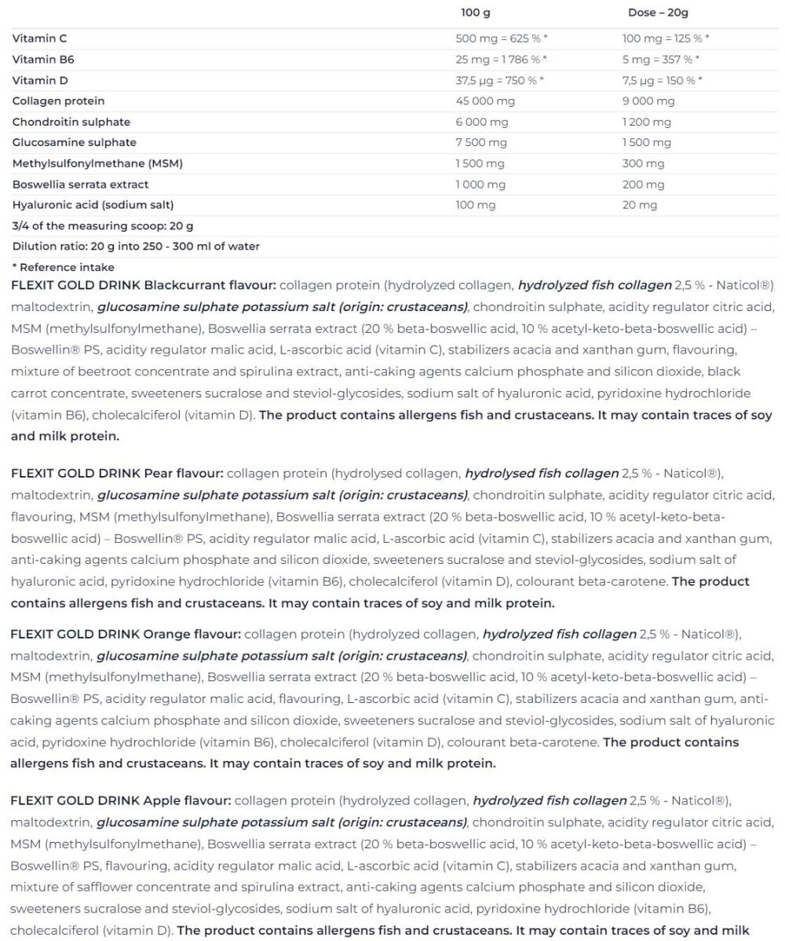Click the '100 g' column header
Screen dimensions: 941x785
tap(476, 13)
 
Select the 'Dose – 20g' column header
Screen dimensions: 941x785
tap(658, 13)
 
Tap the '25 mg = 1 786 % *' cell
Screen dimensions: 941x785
tap(501, 59)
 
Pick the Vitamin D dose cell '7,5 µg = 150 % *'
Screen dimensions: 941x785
tap(662, 80)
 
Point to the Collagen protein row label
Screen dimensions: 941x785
tap(59, 101)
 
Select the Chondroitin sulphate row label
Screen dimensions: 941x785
tap(71, 122)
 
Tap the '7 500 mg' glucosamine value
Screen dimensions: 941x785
tap(480, 142)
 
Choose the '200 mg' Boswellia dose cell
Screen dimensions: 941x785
tap(643, 185)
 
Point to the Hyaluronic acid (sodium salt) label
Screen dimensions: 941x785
tap(93, 205)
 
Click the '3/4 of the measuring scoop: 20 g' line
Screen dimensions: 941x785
tap(103, 226)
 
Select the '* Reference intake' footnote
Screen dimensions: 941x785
tap(63, 267)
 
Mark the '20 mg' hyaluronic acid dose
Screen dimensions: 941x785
tap(640, 205)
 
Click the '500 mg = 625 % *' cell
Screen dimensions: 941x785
tap(501, 38)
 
